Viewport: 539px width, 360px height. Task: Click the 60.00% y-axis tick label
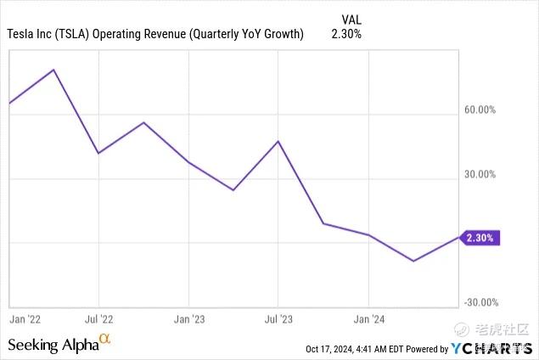tap(480, 110)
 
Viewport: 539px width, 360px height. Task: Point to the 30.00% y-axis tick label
tap(480, 175)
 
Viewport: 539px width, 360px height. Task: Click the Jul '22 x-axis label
tap(99, 319)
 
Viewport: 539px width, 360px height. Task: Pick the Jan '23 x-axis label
tap(188, 319)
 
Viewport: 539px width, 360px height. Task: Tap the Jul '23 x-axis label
tap(278, 319)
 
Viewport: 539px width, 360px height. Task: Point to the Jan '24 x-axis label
tap(368, 319)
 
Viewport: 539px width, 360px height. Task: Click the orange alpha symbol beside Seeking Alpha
tap(105, 340)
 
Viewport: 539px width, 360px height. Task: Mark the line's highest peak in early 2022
tap(54, 70)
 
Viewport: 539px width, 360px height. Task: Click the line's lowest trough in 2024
tap(413, 261)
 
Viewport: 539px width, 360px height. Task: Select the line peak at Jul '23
tap(278, 141)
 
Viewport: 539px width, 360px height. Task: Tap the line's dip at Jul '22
tap(99, 153)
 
